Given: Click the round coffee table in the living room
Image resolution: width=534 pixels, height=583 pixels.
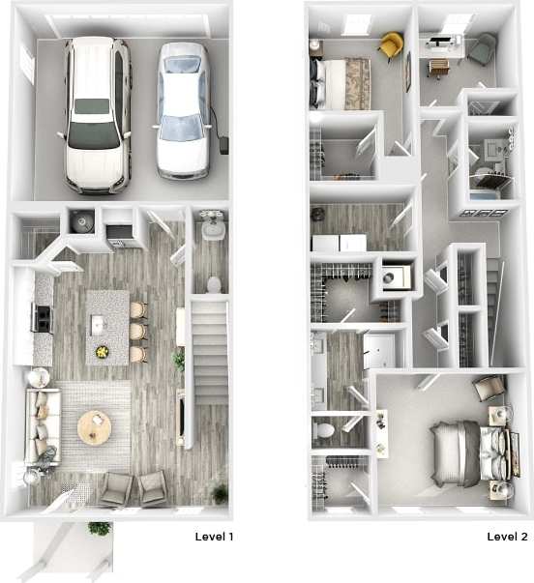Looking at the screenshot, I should pos(95,426).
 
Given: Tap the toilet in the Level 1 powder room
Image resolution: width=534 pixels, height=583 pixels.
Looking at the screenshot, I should pos(214,284).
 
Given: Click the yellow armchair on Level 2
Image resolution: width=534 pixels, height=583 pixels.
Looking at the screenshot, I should pos(390,44).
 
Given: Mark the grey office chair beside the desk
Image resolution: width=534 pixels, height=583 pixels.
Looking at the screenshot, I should pos(481,48).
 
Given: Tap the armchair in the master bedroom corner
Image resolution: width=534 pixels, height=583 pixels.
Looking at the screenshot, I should pos(489,389).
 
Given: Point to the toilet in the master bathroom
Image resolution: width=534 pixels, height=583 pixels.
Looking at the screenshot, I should pos(323,428).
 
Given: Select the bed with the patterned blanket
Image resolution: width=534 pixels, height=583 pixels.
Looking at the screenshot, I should pos(340,80).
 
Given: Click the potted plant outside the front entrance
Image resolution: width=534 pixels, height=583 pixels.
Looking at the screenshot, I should pos(99,529).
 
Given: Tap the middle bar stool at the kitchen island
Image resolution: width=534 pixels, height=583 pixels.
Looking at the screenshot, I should pos(137,332).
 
